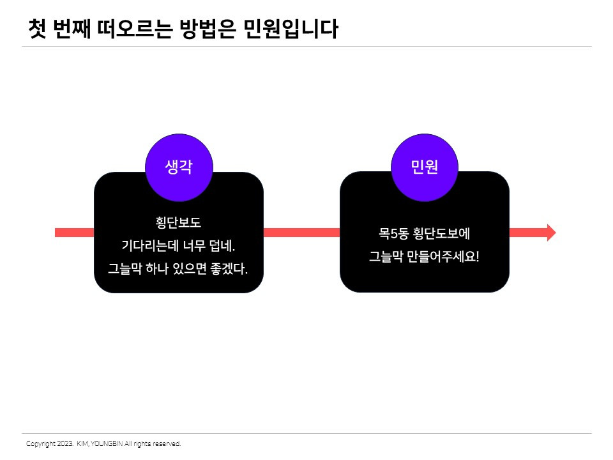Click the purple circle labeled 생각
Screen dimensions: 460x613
tap(179, 167)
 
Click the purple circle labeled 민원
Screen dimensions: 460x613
tap(425, 167)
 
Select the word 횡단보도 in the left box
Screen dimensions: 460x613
tap(178, 223)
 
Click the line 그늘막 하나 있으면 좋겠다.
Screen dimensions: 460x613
tap(178, 269)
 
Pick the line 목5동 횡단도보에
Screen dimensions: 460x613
tap(424, 234)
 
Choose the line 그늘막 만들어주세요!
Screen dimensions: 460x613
tap(424, 257)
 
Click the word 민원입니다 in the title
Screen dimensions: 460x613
tap(291, 29)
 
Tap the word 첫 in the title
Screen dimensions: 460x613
tap(37, 29)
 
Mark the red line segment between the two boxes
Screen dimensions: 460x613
tap(301, 233)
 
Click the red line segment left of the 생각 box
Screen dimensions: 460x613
tap(74, 233)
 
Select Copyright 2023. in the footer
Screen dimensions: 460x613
tap(49, 443)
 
